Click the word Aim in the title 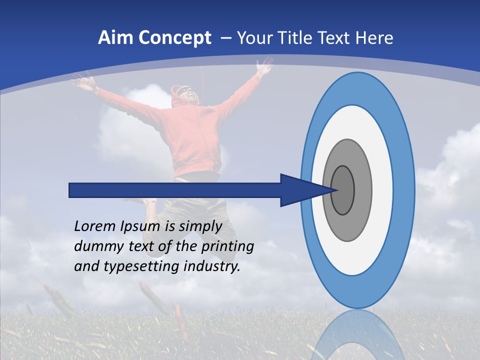click(112, 38)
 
